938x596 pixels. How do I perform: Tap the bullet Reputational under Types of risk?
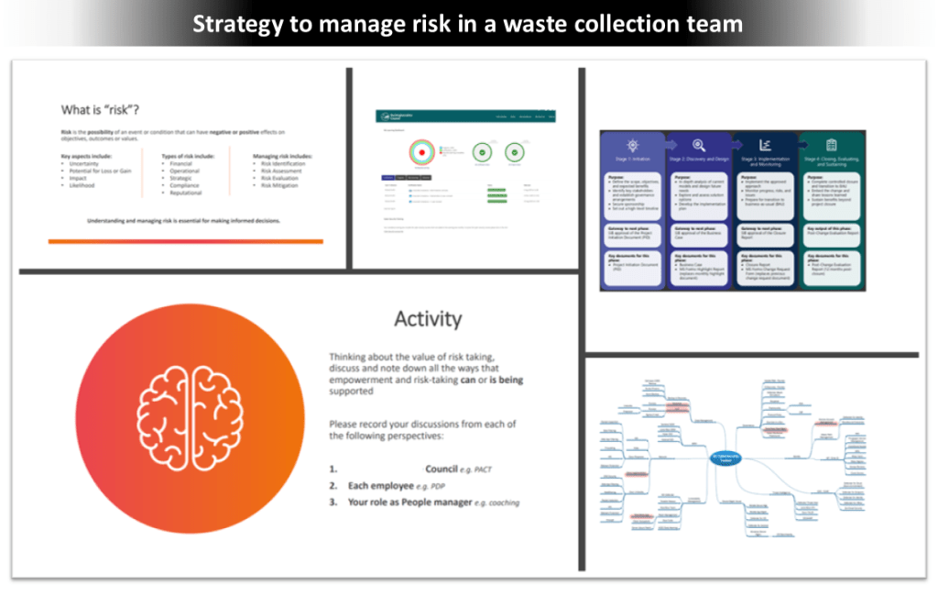(x=186, y=193)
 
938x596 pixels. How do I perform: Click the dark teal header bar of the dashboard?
(x=467, y=117)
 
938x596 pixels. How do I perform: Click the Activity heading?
(x=428, y=318)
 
